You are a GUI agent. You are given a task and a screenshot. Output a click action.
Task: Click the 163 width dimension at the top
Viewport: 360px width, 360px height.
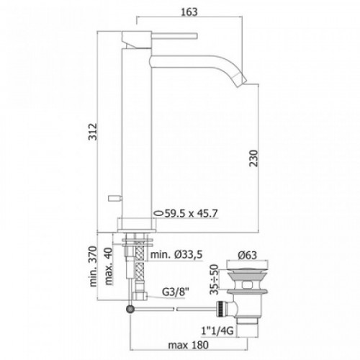(189, 12)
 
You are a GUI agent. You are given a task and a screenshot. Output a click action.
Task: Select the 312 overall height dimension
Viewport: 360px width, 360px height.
(93, 132)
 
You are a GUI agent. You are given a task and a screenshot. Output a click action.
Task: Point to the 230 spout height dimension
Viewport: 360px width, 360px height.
(253, 158)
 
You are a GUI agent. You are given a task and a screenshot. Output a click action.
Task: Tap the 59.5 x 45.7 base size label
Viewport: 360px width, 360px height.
(191, 213)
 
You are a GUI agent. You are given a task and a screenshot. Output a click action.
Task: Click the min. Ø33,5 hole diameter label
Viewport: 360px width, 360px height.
(176, 254)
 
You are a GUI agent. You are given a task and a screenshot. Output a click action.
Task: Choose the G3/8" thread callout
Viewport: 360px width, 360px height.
(176, 292)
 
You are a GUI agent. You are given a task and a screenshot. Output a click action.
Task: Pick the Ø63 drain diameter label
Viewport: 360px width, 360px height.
(248, 255)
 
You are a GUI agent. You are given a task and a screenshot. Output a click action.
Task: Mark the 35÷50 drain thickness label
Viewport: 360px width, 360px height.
(214, 279)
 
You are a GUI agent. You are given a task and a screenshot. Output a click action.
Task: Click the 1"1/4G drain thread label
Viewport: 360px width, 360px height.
(217, 331)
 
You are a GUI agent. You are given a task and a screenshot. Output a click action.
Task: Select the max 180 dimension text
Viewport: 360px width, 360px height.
(189, 345)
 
